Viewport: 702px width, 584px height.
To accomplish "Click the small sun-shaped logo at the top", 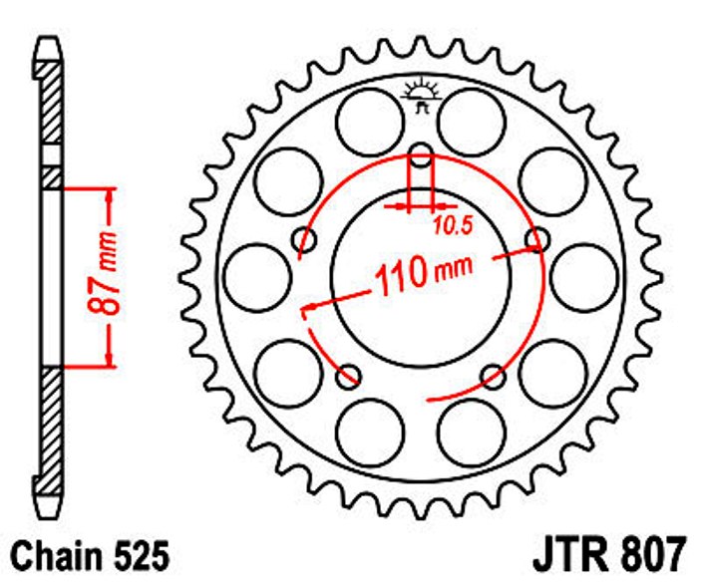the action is click(x=421, y=95).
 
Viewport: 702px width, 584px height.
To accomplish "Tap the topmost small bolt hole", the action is click(x=421, y=154).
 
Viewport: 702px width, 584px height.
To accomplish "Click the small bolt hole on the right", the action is click(x=537, y=239).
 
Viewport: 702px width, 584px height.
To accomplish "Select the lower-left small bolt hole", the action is click(x=349, y=377).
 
